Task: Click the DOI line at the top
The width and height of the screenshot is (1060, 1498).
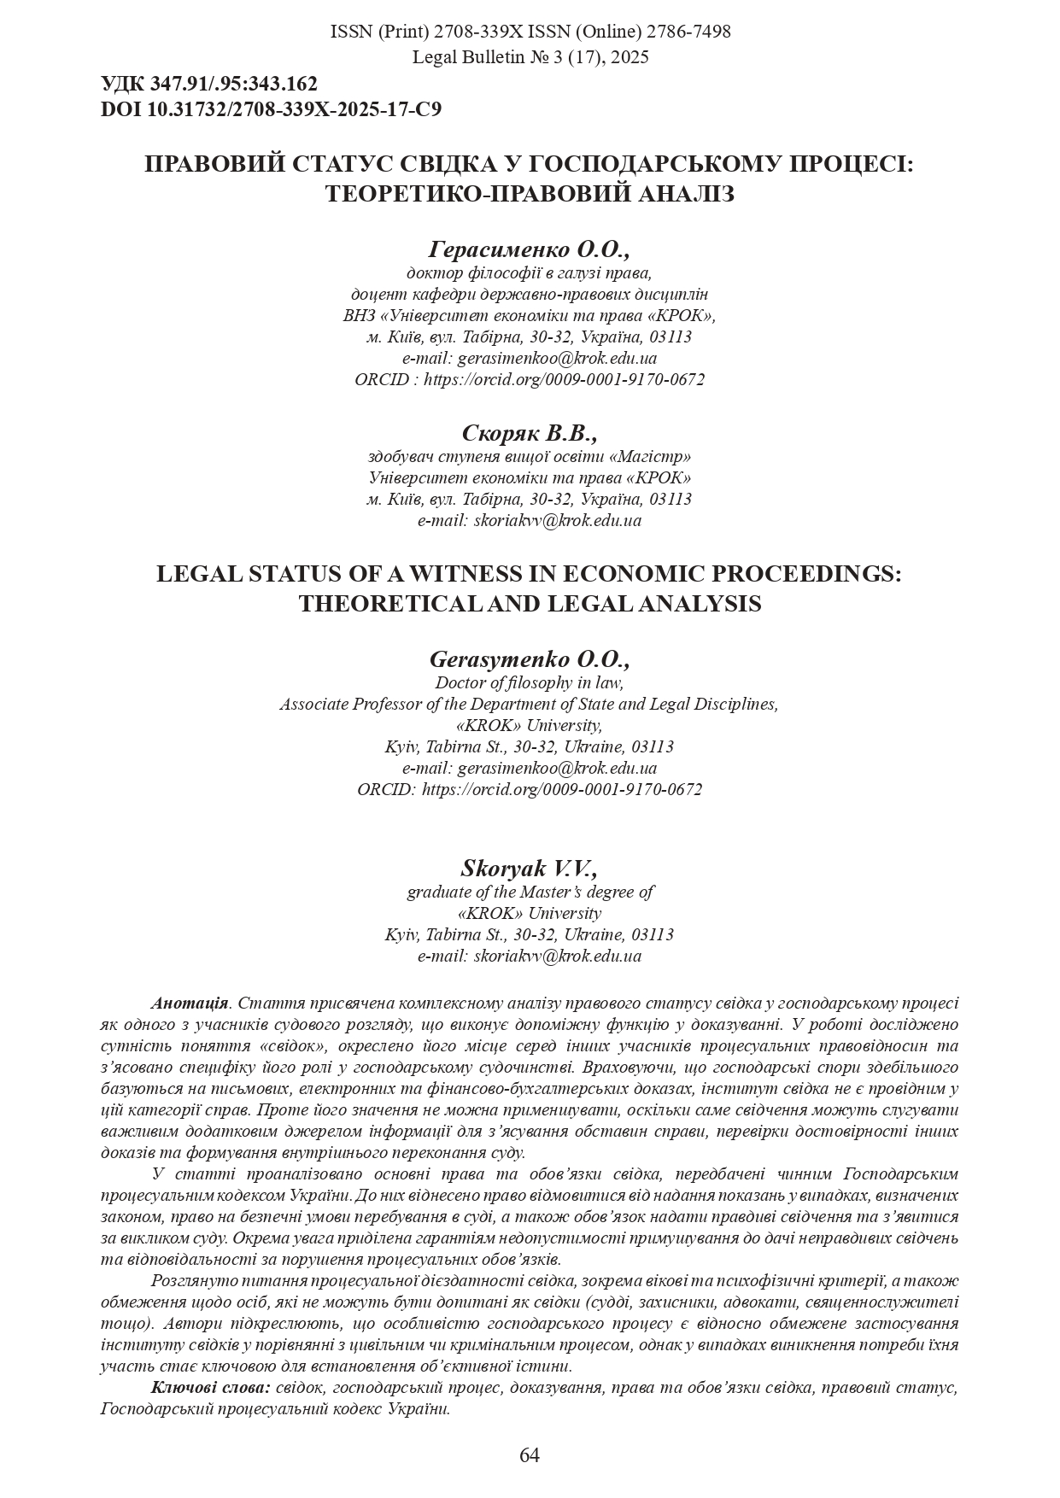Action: (271, 109)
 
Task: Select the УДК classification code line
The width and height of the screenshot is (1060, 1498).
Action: (209, 85)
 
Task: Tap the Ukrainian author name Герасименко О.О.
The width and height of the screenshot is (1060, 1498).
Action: (530, 250)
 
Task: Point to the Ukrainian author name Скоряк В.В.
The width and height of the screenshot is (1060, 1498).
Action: (530, 433)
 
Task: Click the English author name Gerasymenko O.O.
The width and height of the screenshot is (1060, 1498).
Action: (530, 660)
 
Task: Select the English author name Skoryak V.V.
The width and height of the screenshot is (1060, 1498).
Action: (530, 869)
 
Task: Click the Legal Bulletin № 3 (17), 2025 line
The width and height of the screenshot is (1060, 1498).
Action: (530, 57)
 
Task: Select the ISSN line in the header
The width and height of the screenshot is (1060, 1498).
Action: (530, 32)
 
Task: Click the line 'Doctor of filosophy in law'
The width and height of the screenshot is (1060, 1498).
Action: (530, 682)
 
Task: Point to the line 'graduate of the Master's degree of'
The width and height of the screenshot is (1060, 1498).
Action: (530, 892)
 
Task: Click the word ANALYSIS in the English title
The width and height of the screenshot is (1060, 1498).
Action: (693, 604)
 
